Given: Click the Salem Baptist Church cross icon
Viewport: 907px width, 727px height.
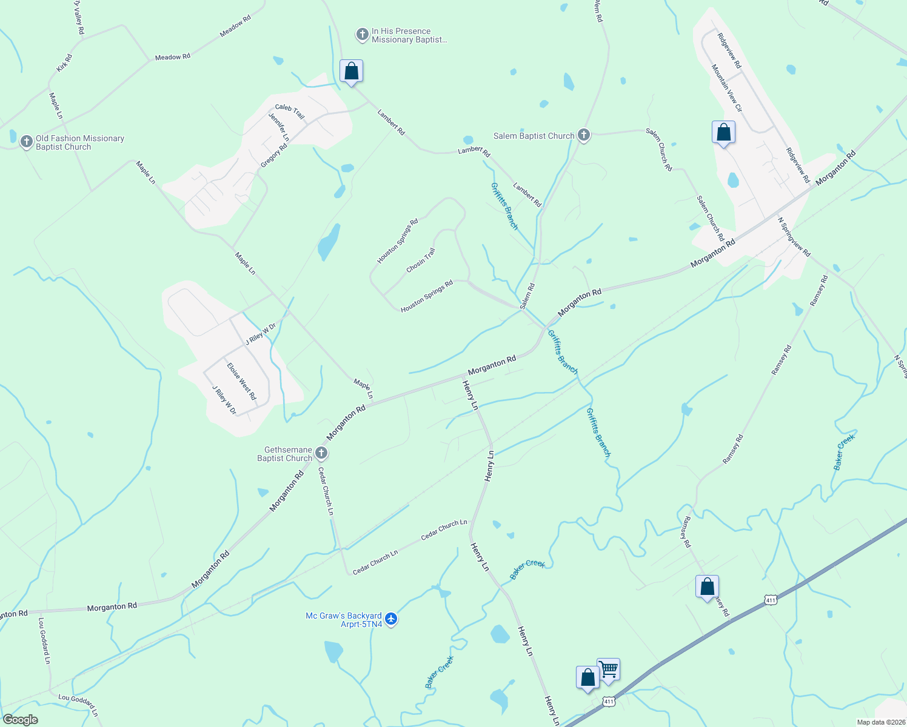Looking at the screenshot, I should [x=584, y=135].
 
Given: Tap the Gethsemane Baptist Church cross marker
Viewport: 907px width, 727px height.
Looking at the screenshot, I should [x=322, y=453].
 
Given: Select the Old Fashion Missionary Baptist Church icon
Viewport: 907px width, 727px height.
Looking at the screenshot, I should [x=26, y=142].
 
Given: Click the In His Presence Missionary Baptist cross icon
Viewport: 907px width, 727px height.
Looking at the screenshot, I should [x=362, y=35].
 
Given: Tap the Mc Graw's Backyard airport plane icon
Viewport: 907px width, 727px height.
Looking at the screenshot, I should [x=391, y=619].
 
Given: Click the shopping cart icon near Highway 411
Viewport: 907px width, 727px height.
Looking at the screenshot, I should [x=608, y=669].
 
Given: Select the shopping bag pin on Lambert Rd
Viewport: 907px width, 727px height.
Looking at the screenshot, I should [x=351, y=71].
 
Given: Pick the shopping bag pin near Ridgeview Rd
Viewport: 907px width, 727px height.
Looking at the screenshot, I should [x=723, y=132].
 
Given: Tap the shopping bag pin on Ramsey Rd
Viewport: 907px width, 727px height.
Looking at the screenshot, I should [x=707, y=586].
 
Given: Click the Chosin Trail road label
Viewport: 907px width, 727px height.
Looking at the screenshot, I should [x=421, y=261].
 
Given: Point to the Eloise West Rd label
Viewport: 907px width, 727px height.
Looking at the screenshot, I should [x=241, y=382].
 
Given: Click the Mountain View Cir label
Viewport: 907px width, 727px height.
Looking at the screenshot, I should [x=727, y=88].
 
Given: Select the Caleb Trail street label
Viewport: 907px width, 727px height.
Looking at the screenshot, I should [x=290, y=111].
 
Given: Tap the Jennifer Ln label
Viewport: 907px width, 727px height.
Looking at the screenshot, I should [x=279, y=127].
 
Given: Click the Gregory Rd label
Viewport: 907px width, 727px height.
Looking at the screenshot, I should [x=274, y=156].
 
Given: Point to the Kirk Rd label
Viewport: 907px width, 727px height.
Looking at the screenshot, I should [x=64, y=63].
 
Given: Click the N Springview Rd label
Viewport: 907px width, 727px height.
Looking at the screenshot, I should [x=794, y=237].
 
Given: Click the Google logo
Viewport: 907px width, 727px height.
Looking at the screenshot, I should [x=20, y=720].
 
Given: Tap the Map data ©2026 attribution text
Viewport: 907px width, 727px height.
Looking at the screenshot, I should [x=880, y=722].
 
